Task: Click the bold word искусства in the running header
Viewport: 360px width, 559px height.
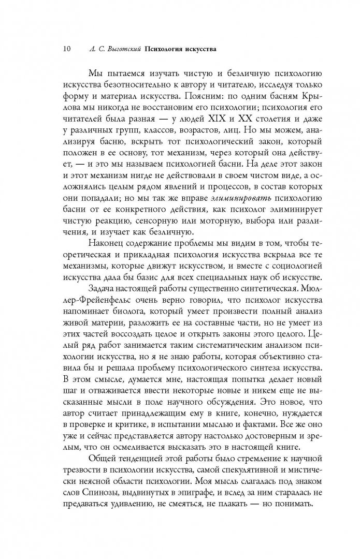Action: [x=196, y=50]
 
